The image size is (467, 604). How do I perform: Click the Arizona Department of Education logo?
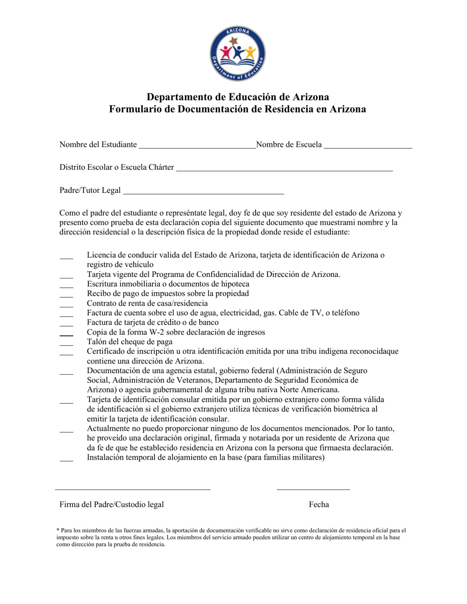pyautogui.click(x=237, y=54)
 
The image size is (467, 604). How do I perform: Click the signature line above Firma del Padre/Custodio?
pyautogui.click(x=133, y=489)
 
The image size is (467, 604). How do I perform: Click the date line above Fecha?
pyautogui.click(x=313, y=489)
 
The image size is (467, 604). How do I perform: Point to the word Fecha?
pyautogui.click(x=319, y=505)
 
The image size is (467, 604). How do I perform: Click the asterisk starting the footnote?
pyautogui.click(x=58, y=530)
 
